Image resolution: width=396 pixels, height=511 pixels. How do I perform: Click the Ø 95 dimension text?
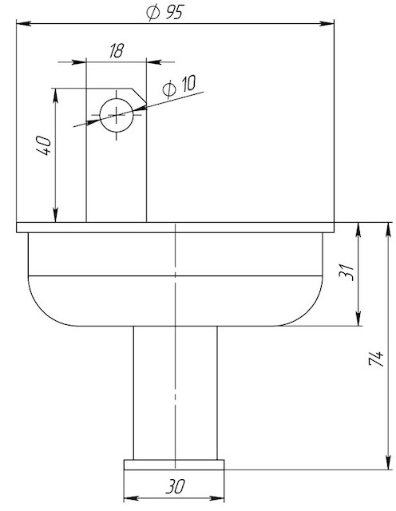(x=165, y=13)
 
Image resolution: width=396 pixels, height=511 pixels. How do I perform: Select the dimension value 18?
(x=117, y=51)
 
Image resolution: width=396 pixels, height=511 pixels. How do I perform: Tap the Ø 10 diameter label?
(x=179, y=86)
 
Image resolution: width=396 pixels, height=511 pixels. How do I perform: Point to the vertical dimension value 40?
(x=44, y=146)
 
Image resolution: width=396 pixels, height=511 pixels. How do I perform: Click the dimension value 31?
(x=346, y=271)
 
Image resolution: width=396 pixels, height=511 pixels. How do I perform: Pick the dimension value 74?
(x=376, y=358)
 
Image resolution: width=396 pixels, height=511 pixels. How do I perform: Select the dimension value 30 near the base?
(x=175, y=486)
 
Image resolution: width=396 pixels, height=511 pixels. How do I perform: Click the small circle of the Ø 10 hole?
(x=117, y=98)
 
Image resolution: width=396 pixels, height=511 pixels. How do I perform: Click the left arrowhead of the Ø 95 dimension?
(x=24, y=23)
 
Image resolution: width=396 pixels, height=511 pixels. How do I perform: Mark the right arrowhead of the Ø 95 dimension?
(x=327, y=23)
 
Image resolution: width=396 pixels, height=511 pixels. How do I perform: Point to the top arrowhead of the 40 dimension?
(x=56, y=96)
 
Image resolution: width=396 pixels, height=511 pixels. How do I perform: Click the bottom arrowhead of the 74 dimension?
(x=388, y=462)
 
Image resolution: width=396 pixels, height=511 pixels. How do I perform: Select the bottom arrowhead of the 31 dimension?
(x=358, y=318)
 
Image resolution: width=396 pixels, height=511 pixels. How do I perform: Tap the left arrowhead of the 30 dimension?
(x=132, y=498)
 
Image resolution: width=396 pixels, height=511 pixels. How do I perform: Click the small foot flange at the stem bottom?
(x=174, y=465)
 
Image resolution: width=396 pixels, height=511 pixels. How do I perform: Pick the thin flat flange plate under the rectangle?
(x=176, y=228)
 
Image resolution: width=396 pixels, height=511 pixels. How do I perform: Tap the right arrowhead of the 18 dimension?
(x=154, y=61)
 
